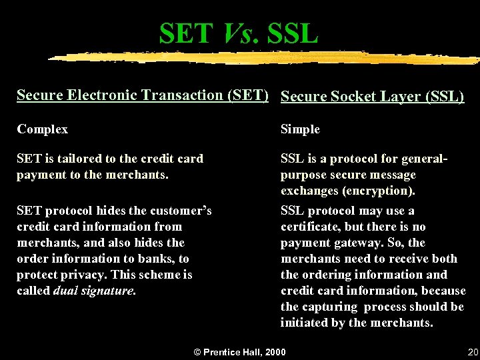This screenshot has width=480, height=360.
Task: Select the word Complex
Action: (x=42, y=129)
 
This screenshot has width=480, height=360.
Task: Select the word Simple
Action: (x=300, y=129)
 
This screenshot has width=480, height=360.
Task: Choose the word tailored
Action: (x=73, y=159)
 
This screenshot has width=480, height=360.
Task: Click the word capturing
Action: (x=329, y=307)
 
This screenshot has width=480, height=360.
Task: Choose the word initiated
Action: (x=305, y=323)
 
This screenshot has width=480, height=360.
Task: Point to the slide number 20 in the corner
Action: (x=473, y=352)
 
